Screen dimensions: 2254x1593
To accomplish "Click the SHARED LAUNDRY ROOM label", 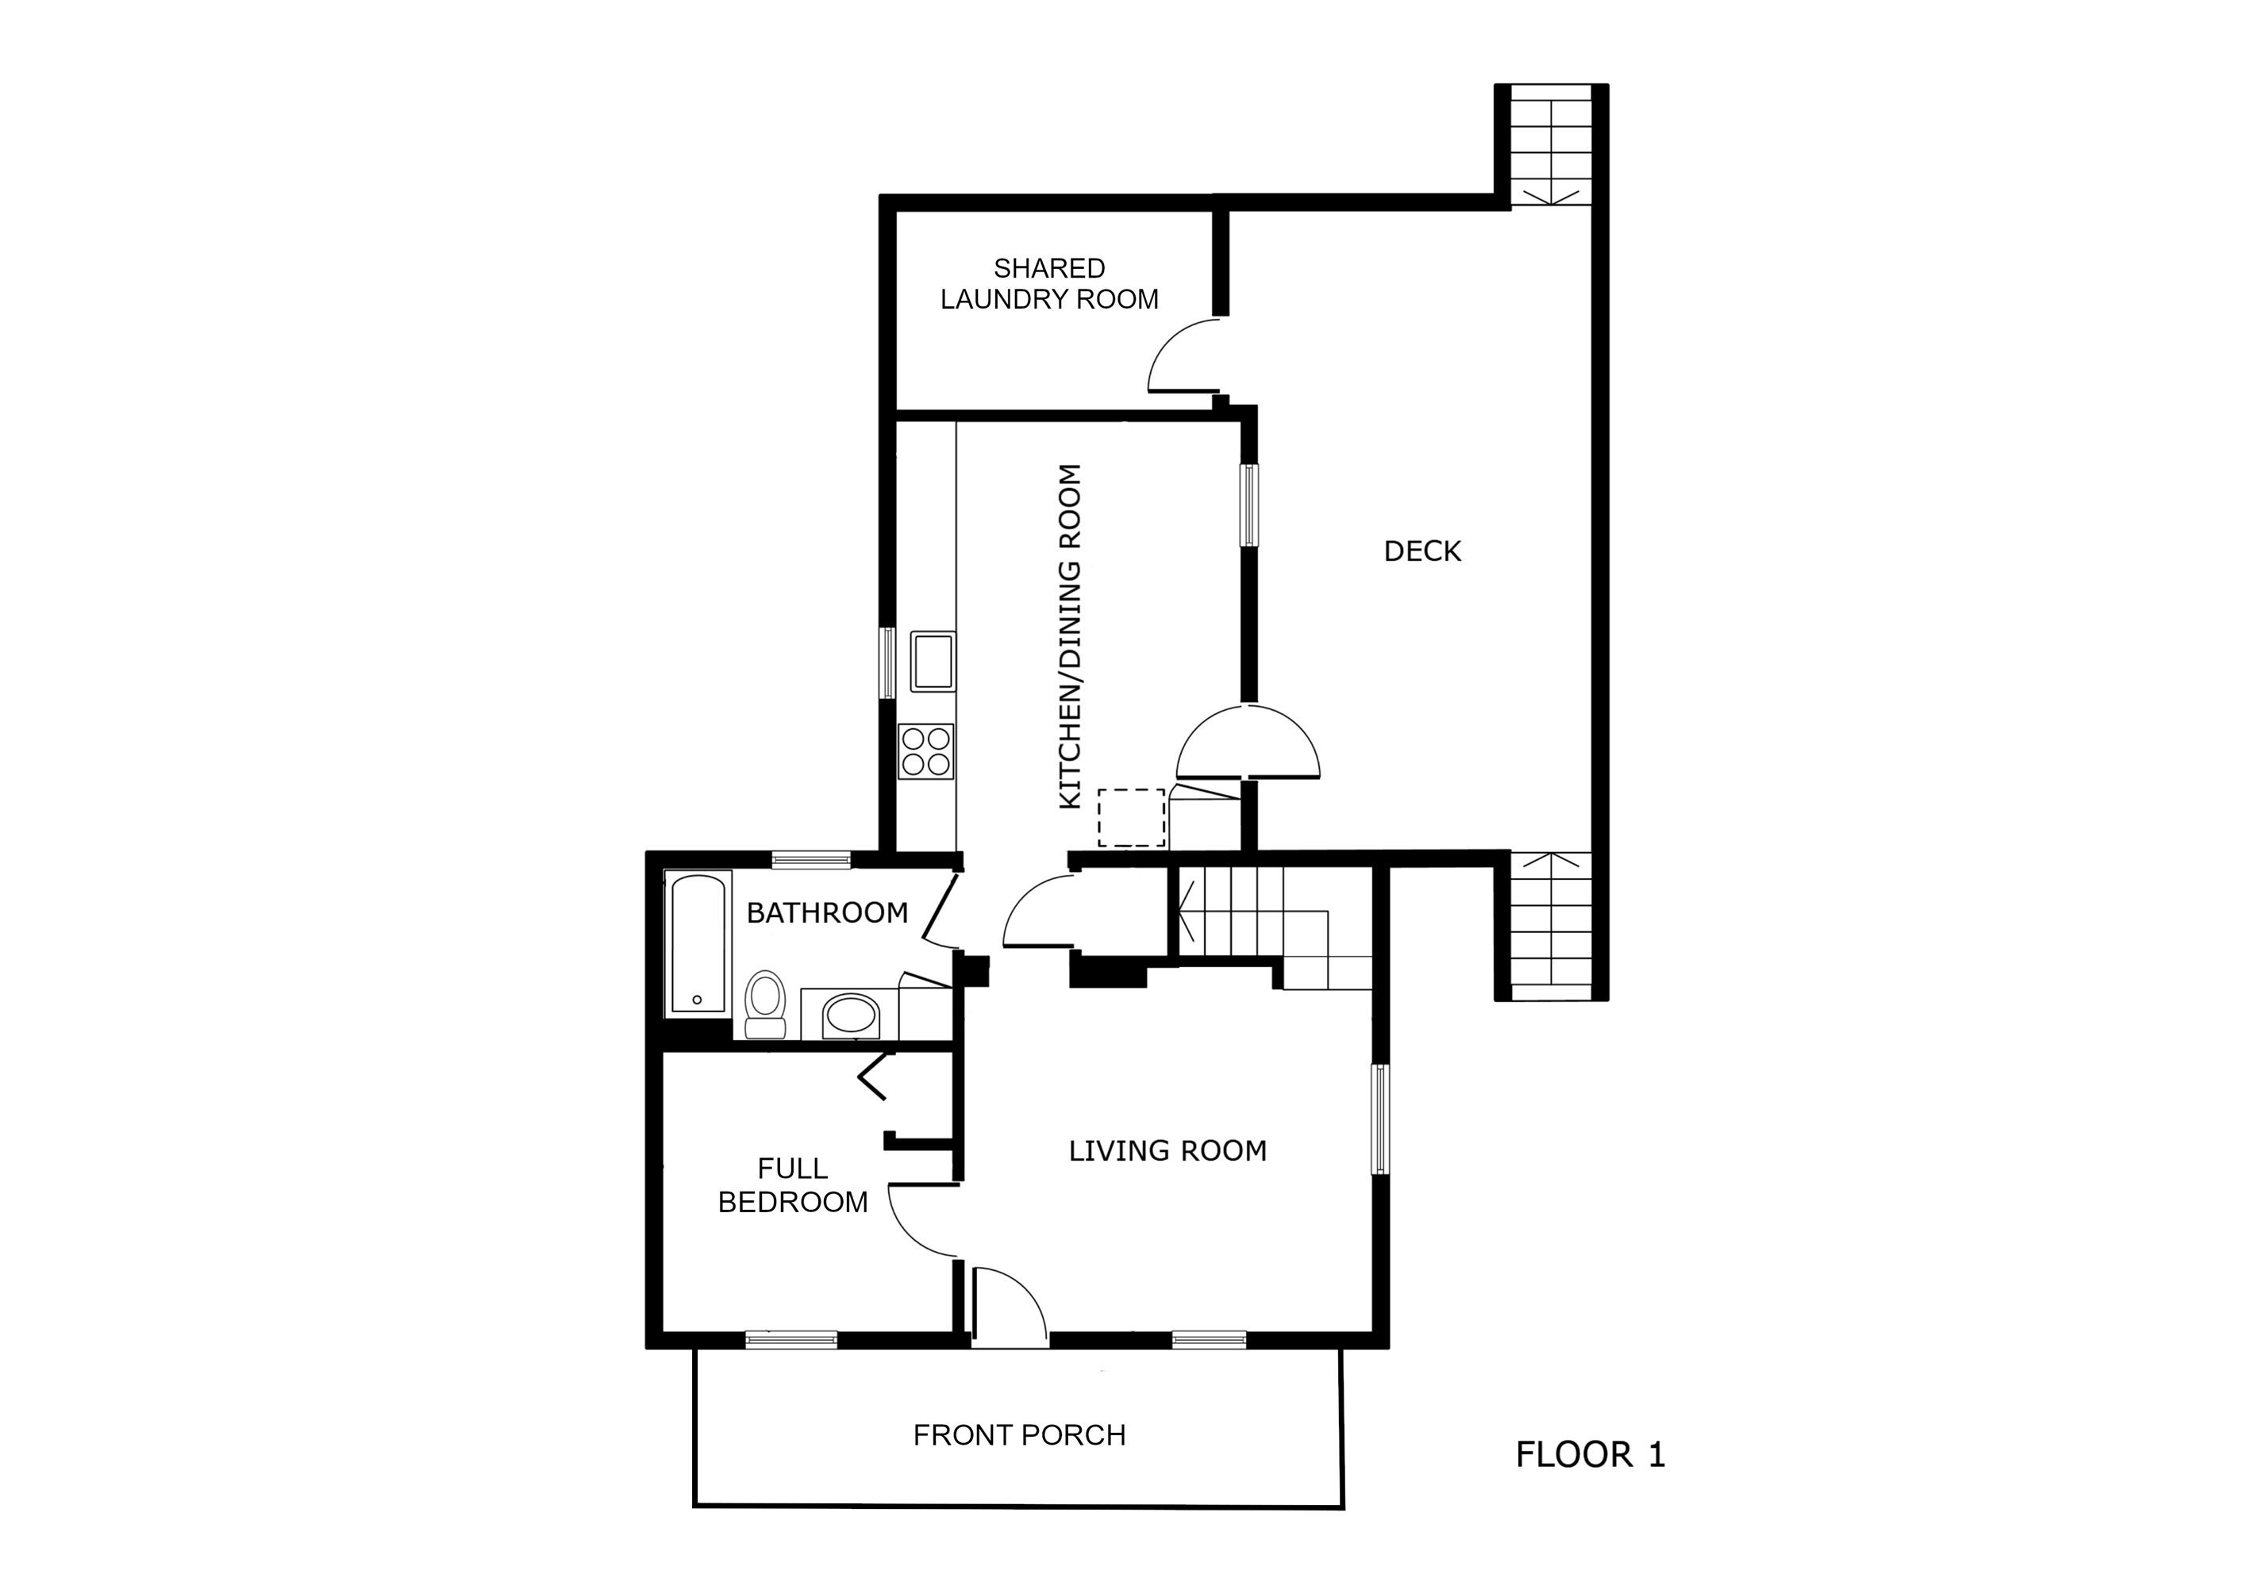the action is [1049, 284].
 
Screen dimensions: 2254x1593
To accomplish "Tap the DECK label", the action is [1422, 551].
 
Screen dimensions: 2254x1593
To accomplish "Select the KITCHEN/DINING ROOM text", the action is [1070, 637].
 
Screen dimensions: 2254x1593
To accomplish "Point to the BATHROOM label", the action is [828, 913].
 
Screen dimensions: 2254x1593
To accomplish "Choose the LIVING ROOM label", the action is [1168, 1150].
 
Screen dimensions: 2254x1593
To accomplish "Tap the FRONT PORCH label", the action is [1020, 1435].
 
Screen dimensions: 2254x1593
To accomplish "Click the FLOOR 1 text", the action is [1590, 1453].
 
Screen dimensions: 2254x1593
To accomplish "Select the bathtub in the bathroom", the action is [698, 943].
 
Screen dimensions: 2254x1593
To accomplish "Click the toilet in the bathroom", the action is [765, 1004].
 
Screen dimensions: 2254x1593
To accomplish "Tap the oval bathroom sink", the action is [851, 1015].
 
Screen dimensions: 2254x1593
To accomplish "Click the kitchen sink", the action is [933, 662].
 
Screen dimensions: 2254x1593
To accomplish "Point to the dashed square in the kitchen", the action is [1132, 818].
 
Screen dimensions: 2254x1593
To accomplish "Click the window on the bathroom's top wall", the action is [811, 861].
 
